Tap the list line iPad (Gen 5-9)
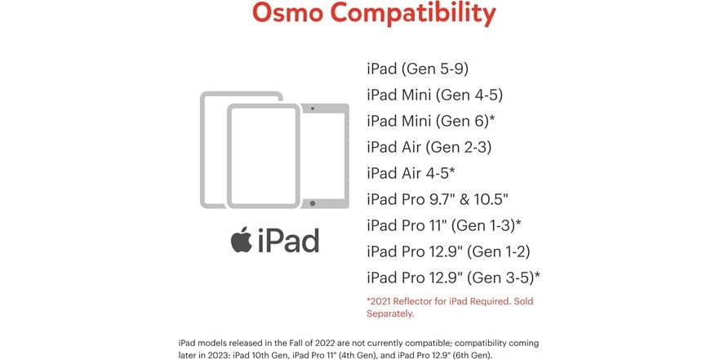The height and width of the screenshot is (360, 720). click(417, 69)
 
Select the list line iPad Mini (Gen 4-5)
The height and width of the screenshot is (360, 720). click(429, 95)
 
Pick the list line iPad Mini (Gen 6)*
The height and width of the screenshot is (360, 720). click(431, 121)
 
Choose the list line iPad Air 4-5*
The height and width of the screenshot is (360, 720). click(411, 173)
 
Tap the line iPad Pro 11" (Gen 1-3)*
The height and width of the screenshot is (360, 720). click(444, 225)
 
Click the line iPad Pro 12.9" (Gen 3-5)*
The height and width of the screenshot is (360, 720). click(453, 278)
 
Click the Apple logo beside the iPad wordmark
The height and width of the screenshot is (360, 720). click(241, 240)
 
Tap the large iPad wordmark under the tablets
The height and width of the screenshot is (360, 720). click(287, 241)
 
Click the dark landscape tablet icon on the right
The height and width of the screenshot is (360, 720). click(326, 154)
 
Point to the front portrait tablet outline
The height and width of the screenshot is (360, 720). click(264, 155)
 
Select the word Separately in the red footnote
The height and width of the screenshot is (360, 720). click(391, 313)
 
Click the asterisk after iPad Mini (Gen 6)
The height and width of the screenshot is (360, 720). click(491, 118)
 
